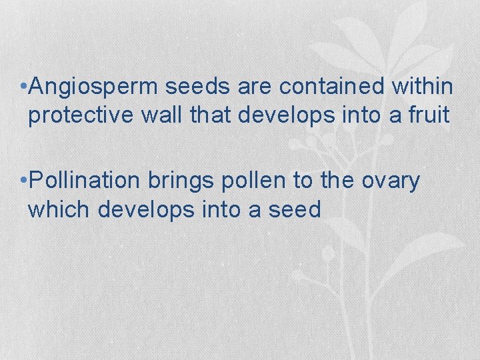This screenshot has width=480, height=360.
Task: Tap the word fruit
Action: (x=431, y=115)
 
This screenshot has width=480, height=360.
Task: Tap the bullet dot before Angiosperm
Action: (x=23, y=87)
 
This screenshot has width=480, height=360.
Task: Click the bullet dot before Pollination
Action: (x=23, y=181)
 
